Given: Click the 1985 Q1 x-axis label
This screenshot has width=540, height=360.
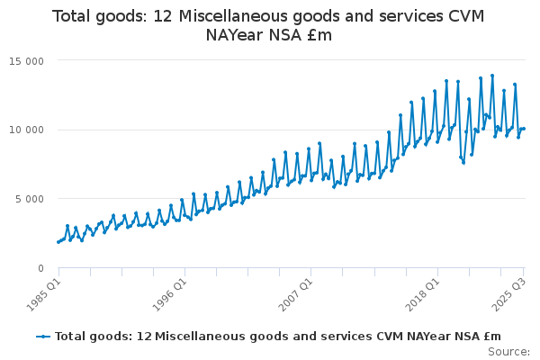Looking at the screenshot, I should click(43, 293).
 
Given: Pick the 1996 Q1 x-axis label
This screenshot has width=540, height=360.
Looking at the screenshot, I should click(169, 293).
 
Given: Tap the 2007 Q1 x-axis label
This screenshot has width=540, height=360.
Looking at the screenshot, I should click(297, 293).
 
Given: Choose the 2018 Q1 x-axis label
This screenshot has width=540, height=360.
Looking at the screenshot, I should click(423, 293).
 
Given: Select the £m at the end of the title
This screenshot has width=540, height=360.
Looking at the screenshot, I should click(319, 36).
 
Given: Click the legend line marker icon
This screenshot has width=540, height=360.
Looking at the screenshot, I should click(43, 337).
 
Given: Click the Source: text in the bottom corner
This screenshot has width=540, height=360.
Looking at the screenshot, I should click(512, 352).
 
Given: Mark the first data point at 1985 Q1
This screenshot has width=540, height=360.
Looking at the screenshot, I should click(58, 242).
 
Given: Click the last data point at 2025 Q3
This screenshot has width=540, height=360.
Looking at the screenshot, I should click(524, 129).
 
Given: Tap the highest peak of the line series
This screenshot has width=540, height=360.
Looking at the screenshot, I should click(492, 76).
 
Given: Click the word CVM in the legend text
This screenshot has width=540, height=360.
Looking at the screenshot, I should click(355, 337).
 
